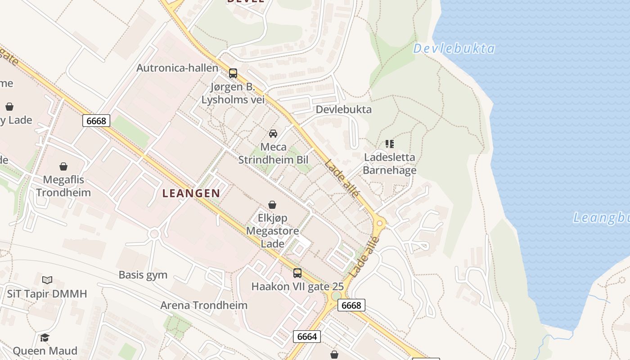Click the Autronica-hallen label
coord(177,68)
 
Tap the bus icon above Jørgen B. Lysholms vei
coord(233,73)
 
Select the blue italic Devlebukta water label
coord(454,49)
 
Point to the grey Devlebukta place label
coord(343,109)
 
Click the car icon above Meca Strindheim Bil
coord(273,133)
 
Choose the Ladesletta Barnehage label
coord(389,164)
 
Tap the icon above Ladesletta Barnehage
coord(389,144)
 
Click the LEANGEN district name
coord(191,193)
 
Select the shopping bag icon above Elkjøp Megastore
coord(272,205)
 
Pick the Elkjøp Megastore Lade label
coord(273,231)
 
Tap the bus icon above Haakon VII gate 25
coord(297,273)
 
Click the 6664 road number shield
coord(307,336)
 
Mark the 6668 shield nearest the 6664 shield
coord(351,305)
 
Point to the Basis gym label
coord(143,274)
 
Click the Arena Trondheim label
coord(204,305)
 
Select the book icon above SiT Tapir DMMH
coord(47,280)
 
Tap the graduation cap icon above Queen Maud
coord(45,337)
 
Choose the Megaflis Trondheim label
coord(63,186)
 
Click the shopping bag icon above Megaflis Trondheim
coord(63,166)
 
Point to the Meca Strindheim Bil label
coord(273,153)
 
